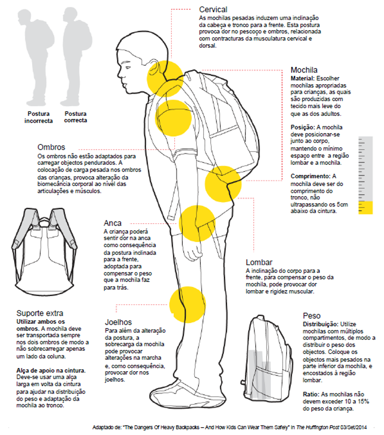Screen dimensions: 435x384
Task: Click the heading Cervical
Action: (x=213, y=9)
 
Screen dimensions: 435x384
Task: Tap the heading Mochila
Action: (x=303, y=70)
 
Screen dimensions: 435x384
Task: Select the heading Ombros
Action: (x=52, y=147)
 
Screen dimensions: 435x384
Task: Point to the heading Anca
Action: (x=113, y=223)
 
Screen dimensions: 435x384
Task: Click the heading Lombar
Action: (x=259, y=262)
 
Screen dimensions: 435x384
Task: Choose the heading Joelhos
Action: (x=118, y=322)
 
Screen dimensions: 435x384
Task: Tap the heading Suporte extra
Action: (x=40, y=313)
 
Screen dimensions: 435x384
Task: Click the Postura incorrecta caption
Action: (x=39, y=117)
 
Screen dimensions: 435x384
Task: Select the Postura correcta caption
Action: (x=76, y=117)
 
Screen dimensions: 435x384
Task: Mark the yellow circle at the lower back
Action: (x=223, y=184)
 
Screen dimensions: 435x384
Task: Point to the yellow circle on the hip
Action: (x=197, y=223)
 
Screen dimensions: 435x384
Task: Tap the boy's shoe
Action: (x=174, y=394)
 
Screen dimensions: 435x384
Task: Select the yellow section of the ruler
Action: (x=365, y=207)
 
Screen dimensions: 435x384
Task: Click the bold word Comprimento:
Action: (x=311, y=176)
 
